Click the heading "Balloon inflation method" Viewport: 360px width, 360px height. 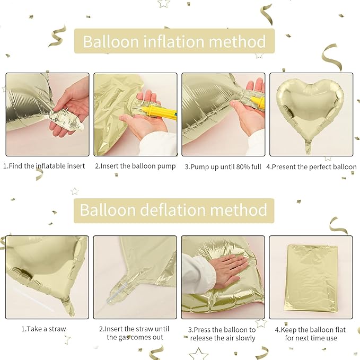(174, 41)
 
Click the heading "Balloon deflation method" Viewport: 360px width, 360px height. (173, 210)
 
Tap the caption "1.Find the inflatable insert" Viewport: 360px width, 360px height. (44, 166)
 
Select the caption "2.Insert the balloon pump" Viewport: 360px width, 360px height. (135, 166)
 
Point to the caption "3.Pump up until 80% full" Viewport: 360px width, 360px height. (223, 166)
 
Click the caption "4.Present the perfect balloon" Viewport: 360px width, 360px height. (311, 166)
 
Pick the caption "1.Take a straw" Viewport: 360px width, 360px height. (43, 329)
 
